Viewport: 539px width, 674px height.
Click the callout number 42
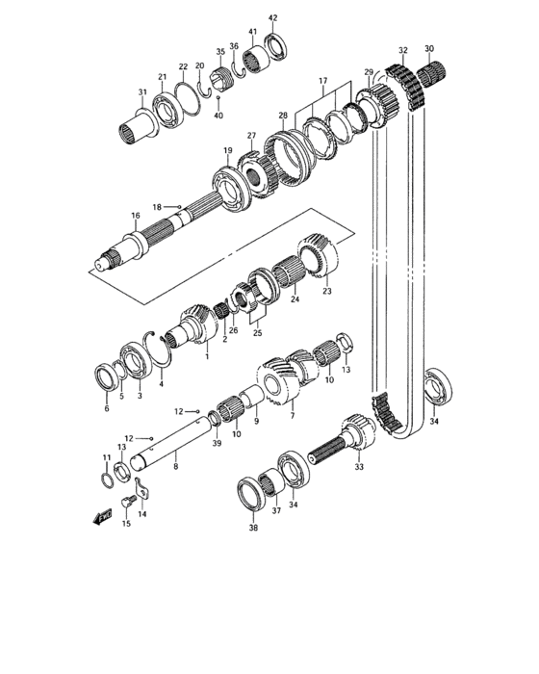(273, 18)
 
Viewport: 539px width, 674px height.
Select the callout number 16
(136, 216)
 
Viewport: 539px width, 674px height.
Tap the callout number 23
(327, 291)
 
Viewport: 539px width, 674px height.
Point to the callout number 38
(253, 528)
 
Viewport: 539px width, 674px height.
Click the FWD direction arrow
(102, 517)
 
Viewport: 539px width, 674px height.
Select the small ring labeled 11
(107, 480)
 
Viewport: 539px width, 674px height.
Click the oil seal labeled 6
(106, 377)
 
